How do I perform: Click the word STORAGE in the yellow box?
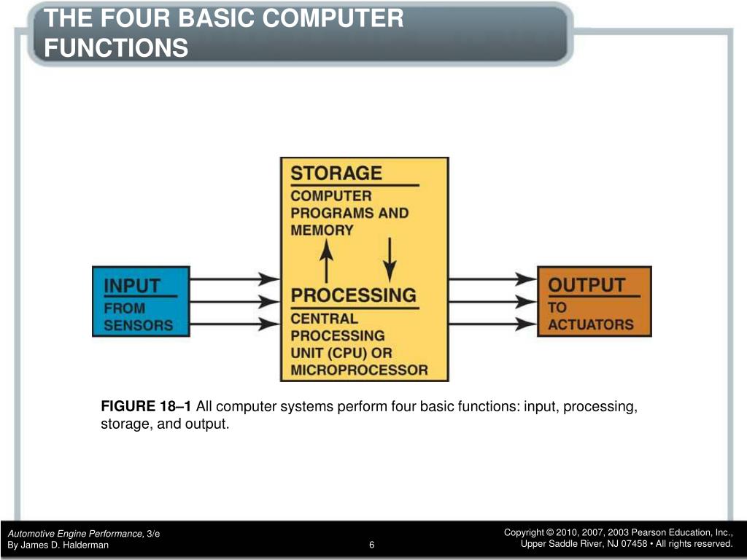point(336,174)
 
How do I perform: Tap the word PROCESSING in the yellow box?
point(354,296)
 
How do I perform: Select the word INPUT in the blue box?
point(132,286)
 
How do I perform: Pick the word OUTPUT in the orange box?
point(587,285)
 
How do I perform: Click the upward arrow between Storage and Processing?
point(327,261)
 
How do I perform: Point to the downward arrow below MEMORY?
point(390,259)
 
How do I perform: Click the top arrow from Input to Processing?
point(235,278)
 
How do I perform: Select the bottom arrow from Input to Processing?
point(235,325)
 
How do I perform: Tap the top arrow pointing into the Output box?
point(493,278)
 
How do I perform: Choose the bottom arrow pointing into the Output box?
point(493,325)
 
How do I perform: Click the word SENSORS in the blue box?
point(139,325)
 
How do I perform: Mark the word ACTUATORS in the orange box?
point(591,325)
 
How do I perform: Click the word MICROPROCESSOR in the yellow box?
point(360,370)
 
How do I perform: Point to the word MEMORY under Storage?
point(322,230)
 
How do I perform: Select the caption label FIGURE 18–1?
point(147,407)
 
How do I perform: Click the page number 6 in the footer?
point(372,545)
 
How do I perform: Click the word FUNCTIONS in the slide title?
point(116,48)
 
